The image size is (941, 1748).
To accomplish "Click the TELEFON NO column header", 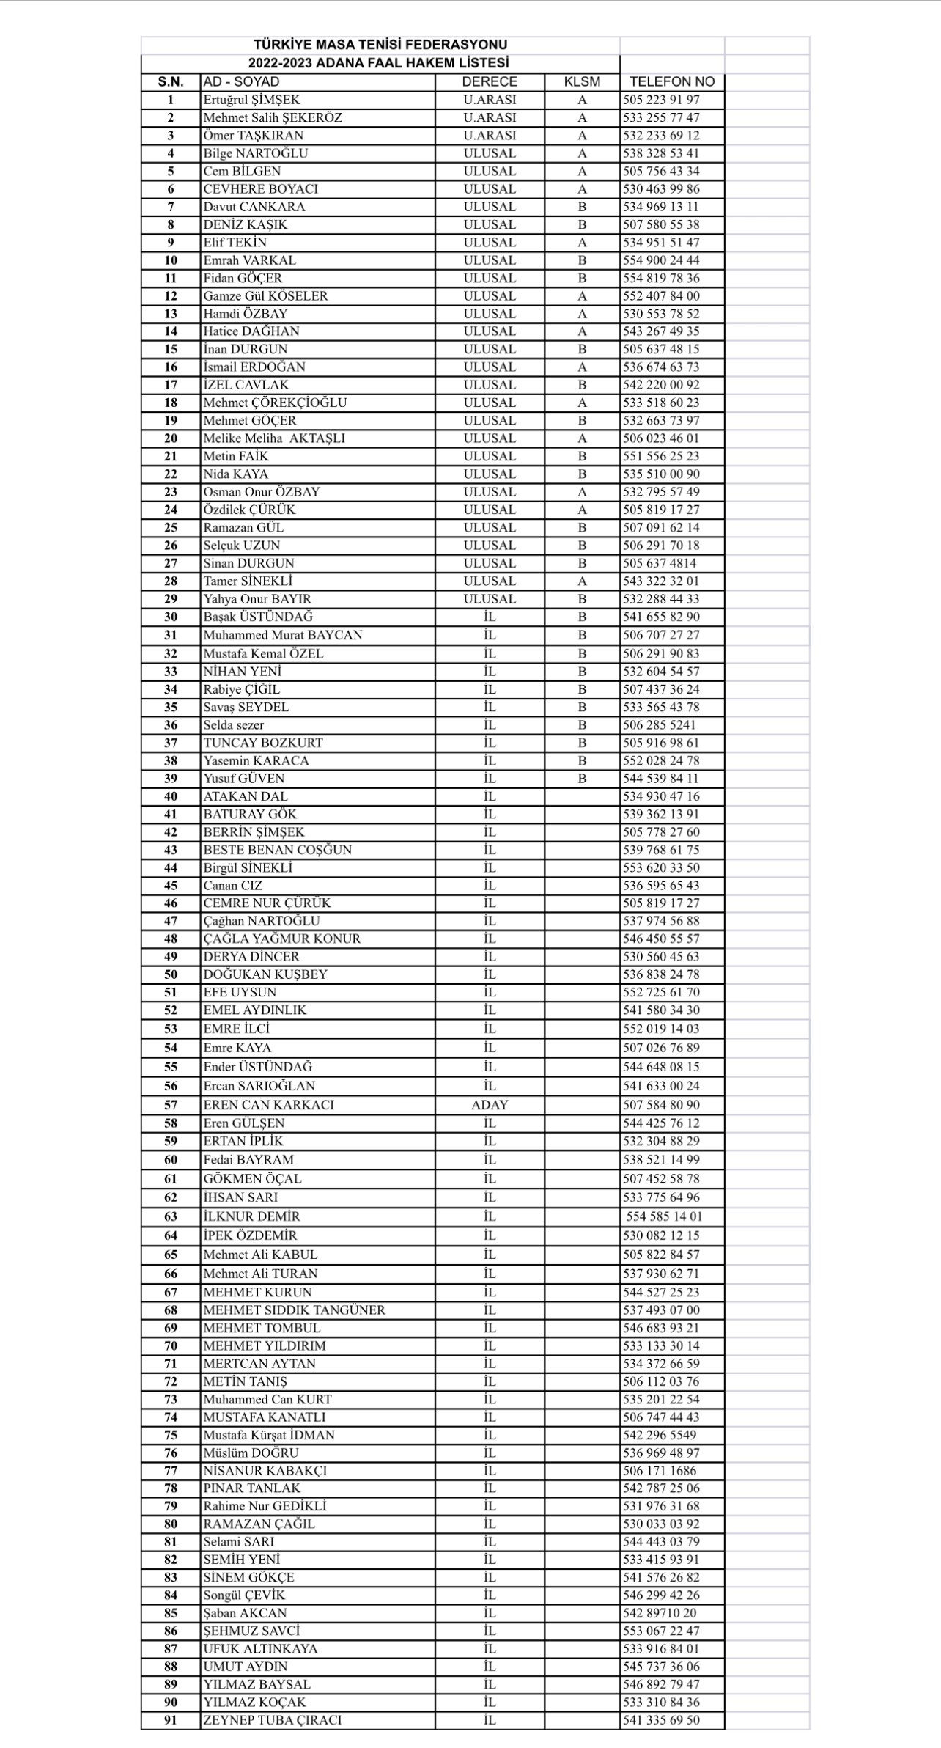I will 671,81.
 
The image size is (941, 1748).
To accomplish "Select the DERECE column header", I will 490,81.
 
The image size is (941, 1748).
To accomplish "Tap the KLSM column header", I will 582,81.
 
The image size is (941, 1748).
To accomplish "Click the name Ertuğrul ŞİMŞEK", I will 251,100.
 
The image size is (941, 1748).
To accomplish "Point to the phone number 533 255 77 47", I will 661,117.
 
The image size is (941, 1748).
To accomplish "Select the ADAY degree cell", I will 490,1104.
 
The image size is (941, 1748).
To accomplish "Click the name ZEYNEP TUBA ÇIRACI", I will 273,1719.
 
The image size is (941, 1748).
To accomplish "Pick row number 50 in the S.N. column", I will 171,974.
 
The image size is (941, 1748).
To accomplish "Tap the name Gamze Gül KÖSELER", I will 265,295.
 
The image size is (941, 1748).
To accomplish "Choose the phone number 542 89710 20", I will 660,1612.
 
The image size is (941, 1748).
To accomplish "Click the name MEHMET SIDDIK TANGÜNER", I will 294,1310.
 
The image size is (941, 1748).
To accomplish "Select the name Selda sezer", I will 234,724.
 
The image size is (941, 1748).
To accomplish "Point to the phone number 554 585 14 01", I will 664,1216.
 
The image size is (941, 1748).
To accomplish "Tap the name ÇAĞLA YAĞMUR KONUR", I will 282,939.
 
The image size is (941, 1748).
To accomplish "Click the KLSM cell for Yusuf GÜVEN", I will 582,778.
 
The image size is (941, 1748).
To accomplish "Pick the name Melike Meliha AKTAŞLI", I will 274,438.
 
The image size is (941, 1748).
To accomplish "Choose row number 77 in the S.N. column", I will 171,1470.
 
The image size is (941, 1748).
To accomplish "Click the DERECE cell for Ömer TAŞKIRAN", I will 490,135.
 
